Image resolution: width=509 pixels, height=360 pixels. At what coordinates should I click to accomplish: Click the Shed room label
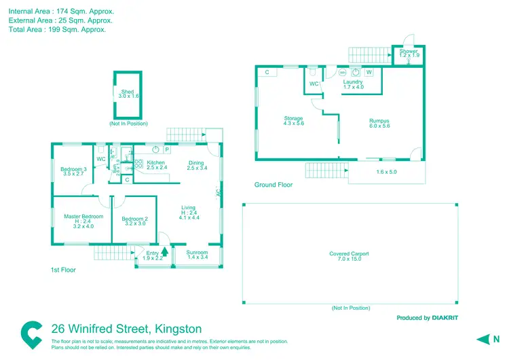128,92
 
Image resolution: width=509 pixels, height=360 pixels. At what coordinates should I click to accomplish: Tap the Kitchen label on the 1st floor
156,163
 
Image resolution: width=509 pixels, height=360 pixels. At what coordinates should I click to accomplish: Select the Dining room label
196,163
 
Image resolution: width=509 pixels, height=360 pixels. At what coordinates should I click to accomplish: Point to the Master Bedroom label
83,217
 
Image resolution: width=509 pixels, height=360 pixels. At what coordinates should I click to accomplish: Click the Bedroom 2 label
134,219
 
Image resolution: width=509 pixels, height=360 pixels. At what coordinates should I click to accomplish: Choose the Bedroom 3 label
73,169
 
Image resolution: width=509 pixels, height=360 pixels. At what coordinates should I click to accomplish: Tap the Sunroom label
197,253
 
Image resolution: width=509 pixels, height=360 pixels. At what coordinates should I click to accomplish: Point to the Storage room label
293,119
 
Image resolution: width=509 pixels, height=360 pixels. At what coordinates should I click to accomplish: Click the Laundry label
353,82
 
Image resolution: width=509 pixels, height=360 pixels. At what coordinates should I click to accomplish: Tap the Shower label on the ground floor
409,52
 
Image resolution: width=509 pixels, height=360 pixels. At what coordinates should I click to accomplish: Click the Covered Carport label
350,254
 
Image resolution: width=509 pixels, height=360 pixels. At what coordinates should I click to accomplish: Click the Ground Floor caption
274,184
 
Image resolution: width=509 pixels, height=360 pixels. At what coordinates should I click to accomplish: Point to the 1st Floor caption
63,270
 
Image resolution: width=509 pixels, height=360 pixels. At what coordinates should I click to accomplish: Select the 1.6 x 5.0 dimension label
386,172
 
